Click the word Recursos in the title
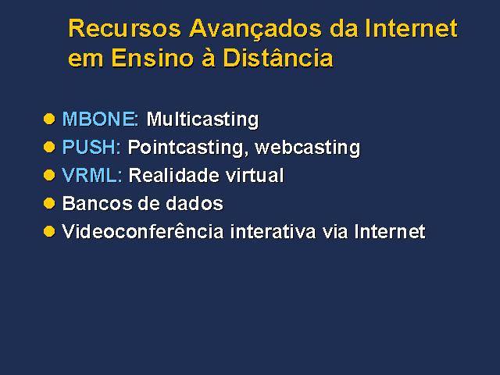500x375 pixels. click(x=125, y=28)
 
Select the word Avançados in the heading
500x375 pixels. click(x=255, y=30)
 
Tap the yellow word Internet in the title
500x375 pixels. click(x=411, y=28)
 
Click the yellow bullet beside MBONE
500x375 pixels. click(x=49, y=119)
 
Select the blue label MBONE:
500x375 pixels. click(x=100, y=119)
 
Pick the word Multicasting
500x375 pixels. click(x=202, y=120)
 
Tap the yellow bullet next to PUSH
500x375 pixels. click(x=49, y=147)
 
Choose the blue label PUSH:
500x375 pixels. click(x=91, y=147)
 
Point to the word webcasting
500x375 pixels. click(x=308, y=148)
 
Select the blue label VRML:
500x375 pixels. click(x=92, y=175)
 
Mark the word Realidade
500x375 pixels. click(x=174, y=175)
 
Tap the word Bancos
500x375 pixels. click(x=97, y=203)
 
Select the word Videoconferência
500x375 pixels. click(x=142, y=231)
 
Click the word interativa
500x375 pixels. click(x=273, y=231)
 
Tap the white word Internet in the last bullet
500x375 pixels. click(x=390, y=231)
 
